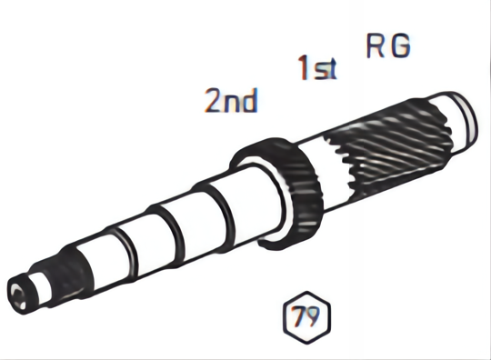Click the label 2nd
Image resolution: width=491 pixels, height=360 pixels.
click(x=230, y=100)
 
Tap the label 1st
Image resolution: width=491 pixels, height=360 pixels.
click(x=317, y=68)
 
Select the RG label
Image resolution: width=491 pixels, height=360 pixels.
click(x=388, y=46)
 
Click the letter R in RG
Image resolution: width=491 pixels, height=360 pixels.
click(x=376, y=46)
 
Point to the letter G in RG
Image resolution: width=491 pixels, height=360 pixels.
click(x=400, y=46)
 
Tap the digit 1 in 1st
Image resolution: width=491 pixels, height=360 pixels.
click(x=304, y=68)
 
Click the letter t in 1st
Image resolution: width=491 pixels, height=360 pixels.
click(x=331, y=69)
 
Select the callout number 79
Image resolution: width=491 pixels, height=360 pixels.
click(x=307, y=317)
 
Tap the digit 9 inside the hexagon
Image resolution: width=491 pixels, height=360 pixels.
click(x=314, y=317)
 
